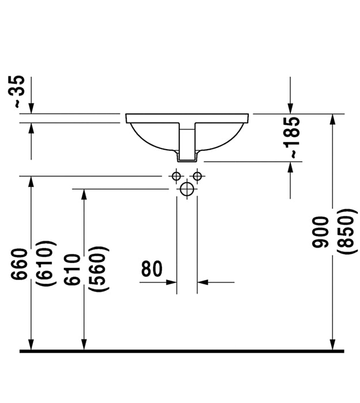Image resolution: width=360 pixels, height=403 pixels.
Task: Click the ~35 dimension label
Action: (17, 92)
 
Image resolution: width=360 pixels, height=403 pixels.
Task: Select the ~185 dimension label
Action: (292, 138)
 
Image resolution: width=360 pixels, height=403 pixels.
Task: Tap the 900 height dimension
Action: (320, 232)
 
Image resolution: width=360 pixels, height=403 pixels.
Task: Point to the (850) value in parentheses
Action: (347, 232)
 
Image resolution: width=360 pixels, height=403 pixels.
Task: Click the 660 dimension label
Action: (19, 264)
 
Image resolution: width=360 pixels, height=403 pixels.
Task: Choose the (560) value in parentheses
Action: (98, 269)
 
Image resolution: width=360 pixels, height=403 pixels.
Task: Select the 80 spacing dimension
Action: (151, 269)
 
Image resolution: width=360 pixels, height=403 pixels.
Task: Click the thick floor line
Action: (182, 351)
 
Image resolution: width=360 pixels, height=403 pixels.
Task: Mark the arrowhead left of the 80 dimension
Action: (171, 282)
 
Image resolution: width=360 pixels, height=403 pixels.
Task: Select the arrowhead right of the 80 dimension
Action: (203, 282)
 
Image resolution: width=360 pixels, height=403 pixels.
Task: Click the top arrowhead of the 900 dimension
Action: (332, 119)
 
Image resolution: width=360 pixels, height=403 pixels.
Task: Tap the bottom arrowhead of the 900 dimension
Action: (332, 344)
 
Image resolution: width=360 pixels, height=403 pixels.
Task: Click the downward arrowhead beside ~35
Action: (31, 108)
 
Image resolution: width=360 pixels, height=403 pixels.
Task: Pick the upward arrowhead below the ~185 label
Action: (290, 168)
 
